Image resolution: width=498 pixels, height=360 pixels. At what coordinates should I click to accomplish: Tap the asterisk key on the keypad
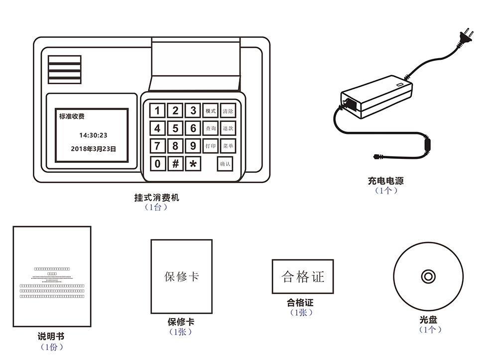tap(193, 163)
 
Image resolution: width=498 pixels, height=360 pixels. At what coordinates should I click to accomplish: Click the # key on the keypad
tap(175, 163)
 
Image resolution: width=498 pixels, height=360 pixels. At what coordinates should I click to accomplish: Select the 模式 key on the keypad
tap(211, 111)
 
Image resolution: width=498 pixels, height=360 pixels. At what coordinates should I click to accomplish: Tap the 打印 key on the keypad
tap(211, 146)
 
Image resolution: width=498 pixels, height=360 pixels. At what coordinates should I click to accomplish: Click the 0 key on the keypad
tap(158, 163)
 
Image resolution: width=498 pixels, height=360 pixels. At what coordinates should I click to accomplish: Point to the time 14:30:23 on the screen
tap(93, 135)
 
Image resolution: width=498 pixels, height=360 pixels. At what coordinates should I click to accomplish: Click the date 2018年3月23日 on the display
tap(93, 148)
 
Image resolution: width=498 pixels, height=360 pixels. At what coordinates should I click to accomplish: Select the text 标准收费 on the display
tap(72, 117)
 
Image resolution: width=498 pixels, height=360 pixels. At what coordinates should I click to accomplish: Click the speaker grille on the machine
tap(64, 69)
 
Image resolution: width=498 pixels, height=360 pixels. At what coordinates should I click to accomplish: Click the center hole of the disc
tap(428, 276)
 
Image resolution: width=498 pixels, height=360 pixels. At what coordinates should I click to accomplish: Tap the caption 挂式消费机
tap(156, 198)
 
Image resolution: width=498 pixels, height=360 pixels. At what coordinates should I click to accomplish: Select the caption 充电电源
tap(385, 181)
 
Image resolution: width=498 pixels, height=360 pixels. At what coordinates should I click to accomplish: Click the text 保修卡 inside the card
tap(182, 276)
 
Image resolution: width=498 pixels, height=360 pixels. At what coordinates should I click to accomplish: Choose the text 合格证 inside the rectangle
tap(303, 276)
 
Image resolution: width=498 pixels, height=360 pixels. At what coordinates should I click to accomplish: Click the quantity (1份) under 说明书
tap(51, 347)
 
